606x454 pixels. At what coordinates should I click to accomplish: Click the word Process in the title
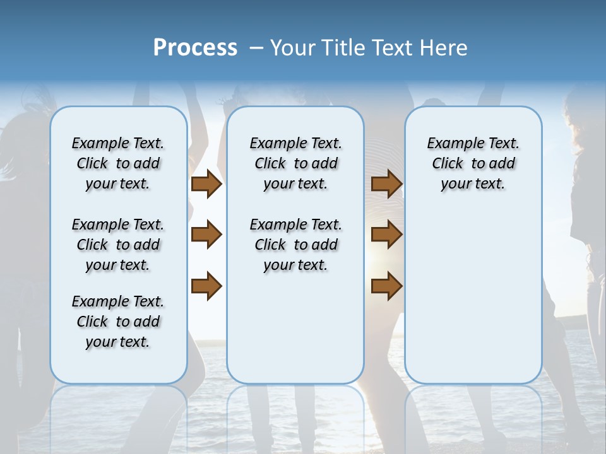pos(195,47)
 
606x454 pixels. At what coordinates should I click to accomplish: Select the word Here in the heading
pos(444,47)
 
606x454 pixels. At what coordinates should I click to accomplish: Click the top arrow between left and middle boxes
pos(206,184)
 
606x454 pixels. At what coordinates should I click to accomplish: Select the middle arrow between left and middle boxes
pos(206,235)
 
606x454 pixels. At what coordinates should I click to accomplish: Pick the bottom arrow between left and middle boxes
pos(206,286)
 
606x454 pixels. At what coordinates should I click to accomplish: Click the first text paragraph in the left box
pos(118,163)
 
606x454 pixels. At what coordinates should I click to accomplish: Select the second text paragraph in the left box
pos(118,245)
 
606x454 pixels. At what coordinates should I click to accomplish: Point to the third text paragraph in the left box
pos(118,322)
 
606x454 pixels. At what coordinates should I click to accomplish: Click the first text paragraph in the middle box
pos(295,163)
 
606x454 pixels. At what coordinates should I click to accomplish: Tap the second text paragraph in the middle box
pos(295,245)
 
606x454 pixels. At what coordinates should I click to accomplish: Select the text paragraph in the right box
pos(473,163)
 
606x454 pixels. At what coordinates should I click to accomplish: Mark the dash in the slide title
pos(256,48)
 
